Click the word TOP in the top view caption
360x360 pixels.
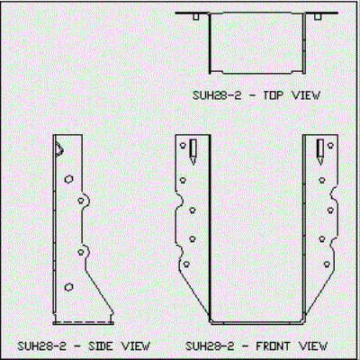click(273, 95)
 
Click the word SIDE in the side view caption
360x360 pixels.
click(101, 346)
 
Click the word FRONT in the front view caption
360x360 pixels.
click(273, 346)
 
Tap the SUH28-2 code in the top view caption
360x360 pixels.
click(217, 95)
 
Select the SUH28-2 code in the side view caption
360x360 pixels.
click(42, 346)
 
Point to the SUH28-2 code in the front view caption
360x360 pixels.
click(210, 346)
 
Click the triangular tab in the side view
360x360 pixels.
click(58, 149)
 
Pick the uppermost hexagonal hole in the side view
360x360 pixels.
click(69, 179)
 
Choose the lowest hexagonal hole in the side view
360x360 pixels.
click(69, 287)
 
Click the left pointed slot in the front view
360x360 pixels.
click(193, 152)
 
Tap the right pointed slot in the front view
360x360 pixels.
click(320, 152)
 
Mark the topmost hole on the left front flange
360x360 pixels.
click(183, 146)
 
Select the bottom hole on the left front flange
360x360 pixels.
click(186, 265)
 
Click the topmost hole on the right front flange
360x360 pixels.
click(330, 146)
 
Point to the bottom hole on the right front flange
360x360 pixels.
click(327, 265)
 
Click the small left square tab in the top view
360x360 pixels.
click(195, 17)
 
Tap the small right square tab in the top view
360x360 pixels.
click(318, 17)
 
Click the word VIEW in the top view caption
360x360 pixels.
click(306, 95)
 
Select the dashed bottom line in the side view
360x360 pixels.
click(84, 322)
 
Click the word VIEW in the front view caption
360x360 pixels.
click(313, 346)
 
